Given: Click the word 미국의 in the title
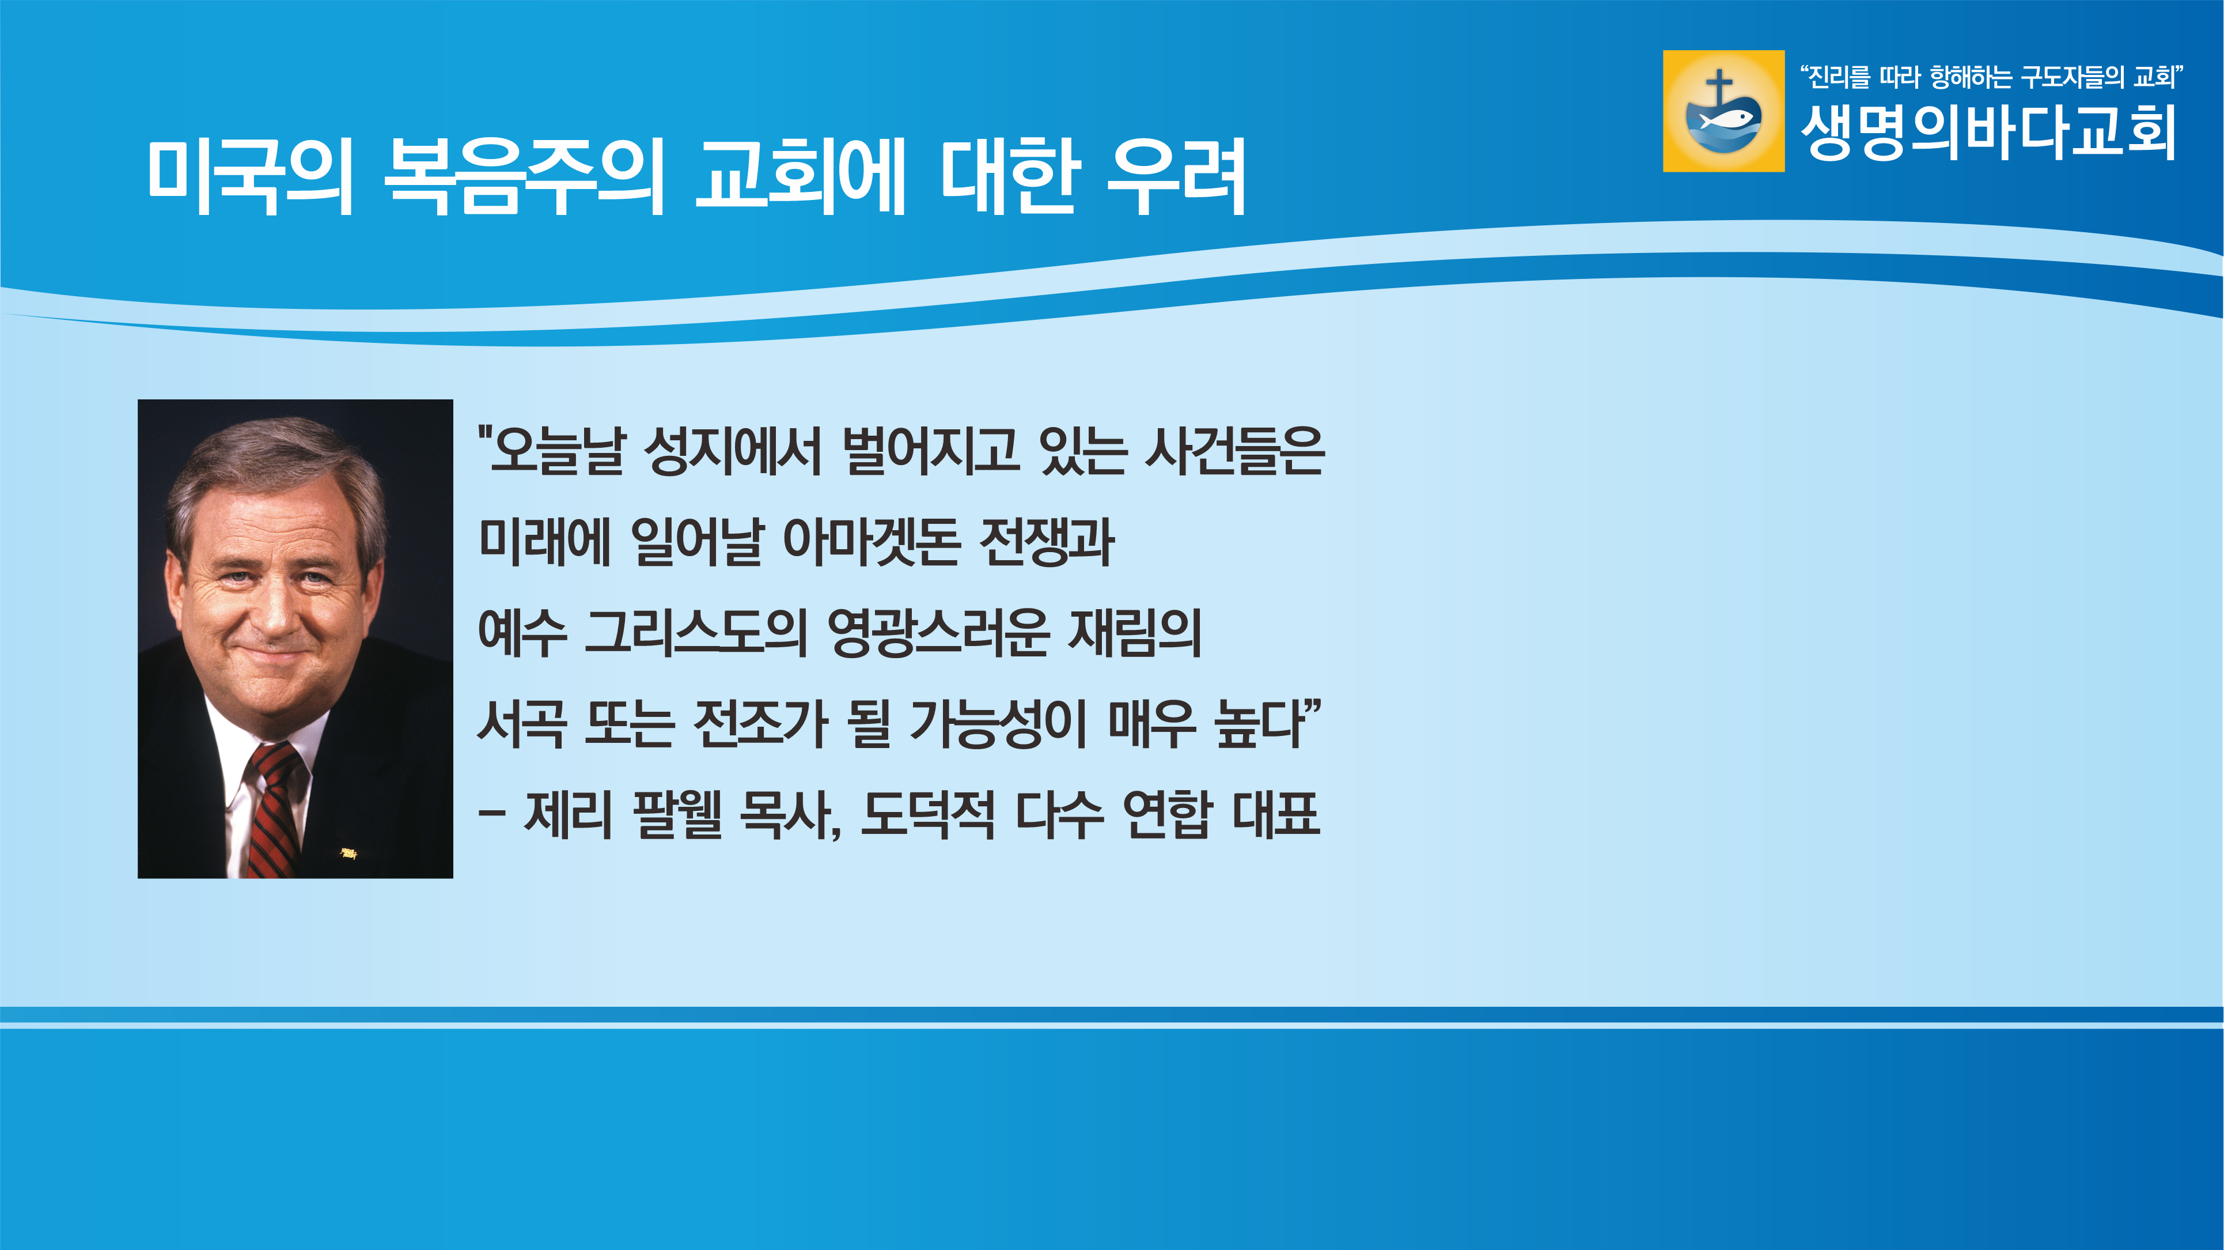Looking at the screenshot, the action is point(251,176).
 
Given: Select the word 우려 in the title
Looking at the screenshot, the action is point(1176,176).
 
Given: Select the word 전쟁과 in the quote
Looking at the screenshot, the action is point(1047,542).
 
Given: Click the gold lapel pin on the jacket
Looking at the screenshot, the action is point(349,854).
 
